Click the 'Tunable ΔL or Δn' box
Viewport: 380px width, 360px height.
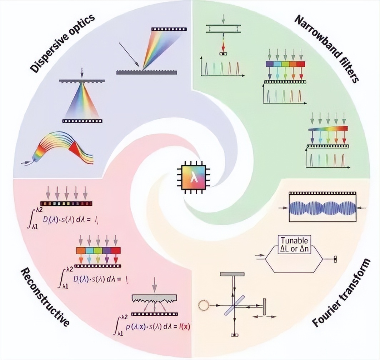(x=295, y=245)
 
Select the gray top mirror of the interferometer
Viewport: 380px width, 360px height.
(x=232, y=274)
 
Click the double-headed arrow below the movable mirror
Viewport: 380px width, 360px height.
(x=264, y=317)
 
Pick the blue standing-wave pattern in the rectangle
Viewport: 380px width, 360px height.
(x=323, y=207)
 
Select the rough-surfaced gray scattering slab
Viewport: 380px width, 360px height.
(x=154, y=299)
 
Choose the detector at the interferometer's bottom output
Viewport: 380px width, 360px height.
(x=234, y=335)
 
